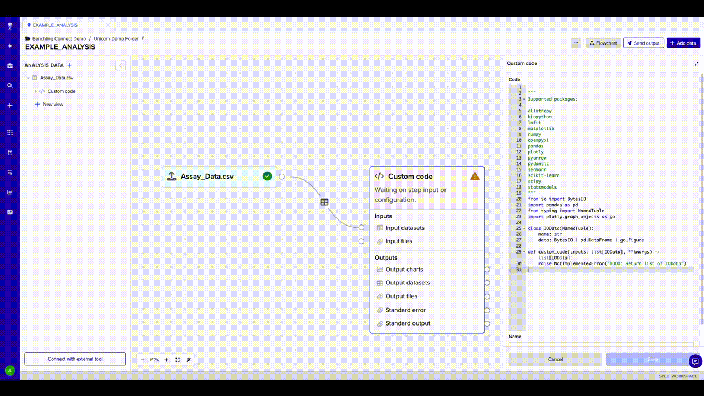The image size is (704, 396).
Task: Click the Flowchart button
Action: pos(603,43)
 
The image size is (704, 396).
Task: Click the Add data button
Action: pos(683,43)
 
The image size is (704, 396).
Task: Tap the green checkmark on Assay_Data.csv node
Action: pos(267,177)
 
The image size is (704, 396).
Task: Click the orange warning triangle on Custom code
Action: pos(475,177)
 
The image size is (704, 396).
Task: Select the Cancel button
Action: pos(555,359)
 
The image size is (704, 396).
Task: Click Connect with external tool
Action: pos(75,359)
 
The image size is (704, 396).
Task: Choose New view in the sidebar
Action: pos(53,104)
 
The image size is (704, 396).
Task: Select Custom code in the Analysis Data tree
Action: pos(61,91)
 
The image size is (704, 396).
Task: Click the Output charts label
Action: pos(404,269)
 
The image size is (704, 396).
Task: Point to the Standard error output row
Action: pos(405,310)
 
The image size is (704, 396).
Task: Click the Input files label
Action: pos(399,241)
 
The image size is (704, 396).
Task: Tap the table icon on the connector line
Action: pos(324,202)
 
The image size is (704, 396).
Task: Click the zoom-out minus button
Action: pos(142,360)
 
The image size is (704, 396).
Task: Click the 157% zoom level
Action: pos(154,360)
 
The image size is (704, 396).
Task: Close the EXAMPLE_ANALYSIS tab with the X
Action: pos(108,25)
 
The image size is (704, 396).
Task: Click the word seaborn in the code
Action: pos(537,169)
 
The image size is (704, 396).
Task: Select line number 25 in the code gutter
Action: pos(519,228)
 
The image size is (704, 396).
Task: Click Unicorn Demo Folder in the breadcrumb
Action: pos(116,38)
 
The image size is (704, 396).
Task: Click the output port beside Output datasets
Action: pos(487,283)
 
